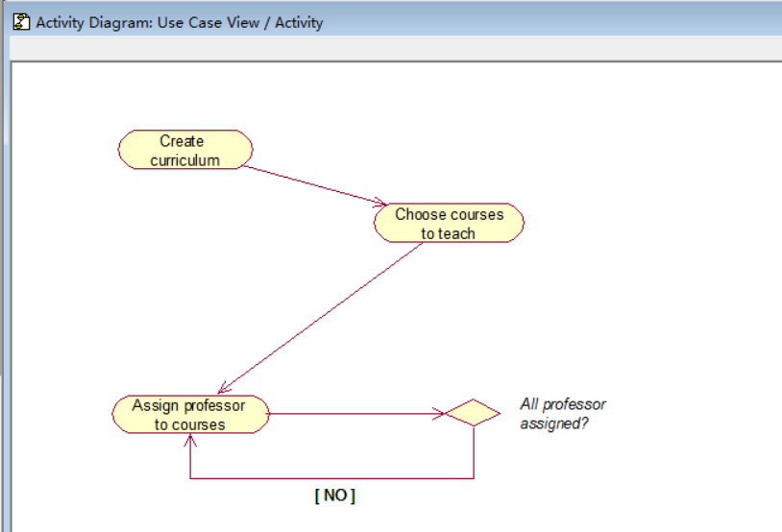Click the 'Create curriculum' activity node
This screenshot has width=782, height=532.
(x=185, y=150)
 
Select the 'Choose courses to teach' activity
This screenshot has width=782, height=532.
(x=449, y=223)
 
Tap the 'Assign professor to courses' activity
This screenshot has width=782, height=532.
(x=189, y=414)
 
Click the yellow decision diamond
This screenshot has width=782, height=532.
(x=473, y=414)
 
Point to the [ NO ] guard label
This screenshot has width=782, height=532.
(x=334, y=496)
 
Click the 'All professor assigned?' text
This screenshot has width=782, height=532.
(x=562, y=413)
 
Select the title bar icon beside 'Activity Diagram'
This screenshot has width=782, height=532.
(x=21, y=21)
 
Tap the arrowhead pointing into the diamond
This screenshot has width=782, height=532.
(x=439, y=414)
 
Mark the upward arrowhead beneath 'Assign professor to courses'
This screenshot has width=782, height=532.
(x=191, y=440)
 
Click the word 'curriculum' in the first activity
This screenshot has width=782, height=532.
(x=185, y=160)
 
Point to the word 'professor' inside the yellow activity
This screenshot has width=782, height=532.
(x=211, y=405)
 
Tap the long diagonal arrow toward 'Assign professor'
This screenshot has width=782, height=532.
(x=322, y=318)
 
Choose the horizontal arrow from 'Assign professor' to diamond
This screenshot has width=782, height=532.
(x=355, y=414)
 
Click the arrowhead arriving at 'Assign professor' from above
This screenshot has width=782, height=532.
(x=223, y=389)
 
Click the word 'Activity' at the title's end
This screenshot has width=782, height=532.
(x=300, y=22)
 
